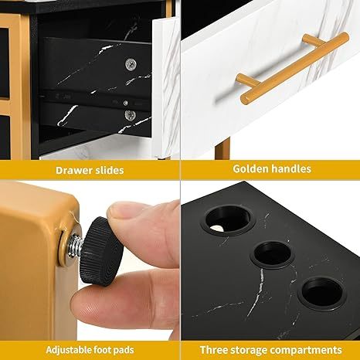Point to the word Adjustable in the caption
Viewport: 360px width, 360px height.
(69, 350)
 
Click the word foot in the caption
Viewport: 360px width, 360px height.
(104, 350)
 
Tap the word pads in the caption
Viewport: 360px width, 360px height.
(124, 350)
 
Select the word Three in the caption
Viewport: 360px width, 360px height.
(213, 350)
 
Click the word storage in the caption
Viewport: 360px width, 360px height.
(249, 351)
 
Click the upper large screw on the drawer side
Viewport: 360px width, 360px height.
(131, 64)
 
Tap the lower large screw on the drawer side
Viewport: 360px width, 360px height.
(131, 115)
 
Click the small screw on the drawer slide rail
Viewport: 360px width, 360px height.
(125, 103)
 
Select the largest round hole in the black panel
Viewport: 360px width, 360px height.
(229, 218)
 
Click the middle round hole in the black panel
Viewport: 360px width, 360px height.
(273, 254)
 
